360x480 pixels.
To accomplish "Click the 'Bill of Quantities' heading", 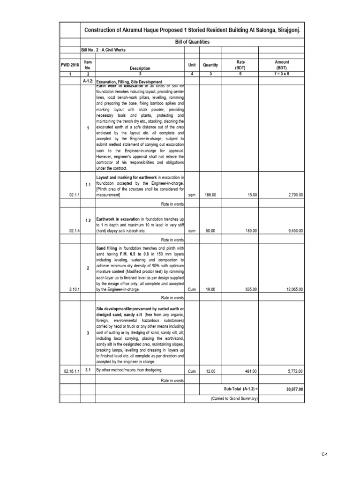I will (x=193, y=42).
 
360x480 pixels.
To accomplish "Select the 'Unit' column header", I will (x=192, y=65).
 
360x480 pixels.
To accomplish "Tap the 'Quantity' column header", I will (x=210, y=65).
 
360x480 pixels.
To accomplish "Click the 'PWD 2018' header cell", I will (x=69, y=65).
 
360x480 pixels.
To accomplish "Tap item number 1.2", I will (x=88, y=220).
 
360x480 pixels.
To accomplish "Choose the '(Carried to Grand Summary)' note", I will (x=234, y=398).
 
